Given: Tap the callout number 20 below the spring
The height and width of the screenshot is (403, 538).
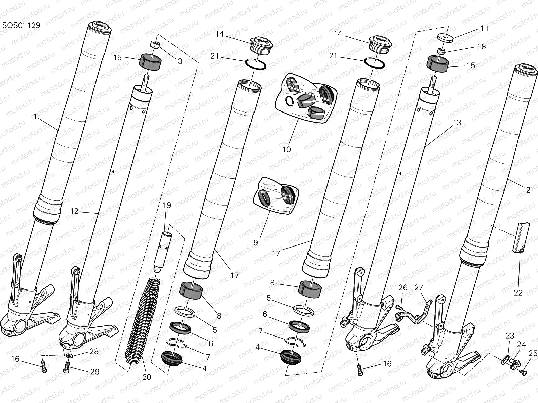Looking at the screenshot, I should pos(147,377).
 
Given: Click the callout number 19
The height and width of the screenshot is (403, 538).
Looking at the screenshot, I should pos(167,205).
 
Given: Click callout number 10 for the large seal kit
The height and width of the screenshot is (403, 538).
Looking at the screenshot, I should pos(286,149).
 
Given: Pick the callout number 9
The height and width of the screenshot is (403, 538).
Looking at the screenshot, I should pos(256,242).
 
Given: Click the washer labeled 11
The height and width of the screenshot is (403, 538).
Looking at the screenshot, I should pos(446,36).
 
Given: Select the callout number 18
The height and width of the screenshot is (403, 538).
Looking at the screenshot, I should pos(482,47).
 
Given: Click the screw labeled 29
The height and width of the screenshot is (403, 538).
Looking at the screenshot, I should pos(67,370).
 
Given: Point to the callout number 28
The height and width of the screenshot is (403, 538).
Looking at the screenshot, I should pos(94,351).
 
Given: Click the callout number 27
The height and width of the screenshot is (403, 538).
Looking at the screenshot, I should pos(419,288).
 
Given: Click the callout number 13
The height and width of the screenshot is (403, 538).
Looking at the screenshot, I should pos(457,123).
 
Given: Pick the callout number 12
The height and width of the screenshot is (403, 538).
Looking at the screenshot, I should pos(74,211).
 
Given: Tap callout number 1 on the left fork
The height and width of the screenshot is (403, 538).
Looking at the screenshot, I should pos(35,117).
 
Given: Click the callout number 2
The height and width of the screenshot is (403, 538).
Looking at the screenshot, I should pos(528,190).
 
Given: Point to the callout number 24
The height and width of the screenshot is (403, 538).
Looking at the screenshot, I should pos(522,344).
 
